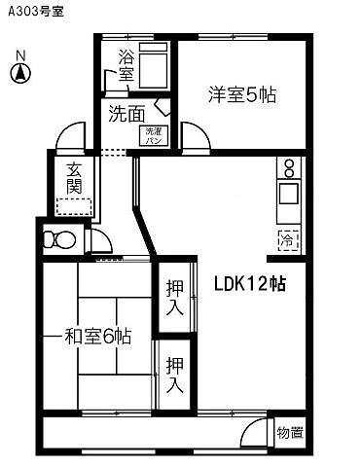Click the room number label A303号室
pos(36,12)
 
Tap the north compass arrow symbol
pos(21,72)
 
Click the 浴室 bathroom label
pos(126,64)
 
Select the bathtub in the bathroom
pos(154,66)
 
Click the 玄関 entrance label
pos(74,178)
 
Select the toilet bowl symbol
pos(61,237)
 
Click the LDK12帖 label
pos(250,283)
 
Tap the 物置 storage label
pos(290,432)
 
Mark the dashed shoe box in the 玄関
pos(74,205)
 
